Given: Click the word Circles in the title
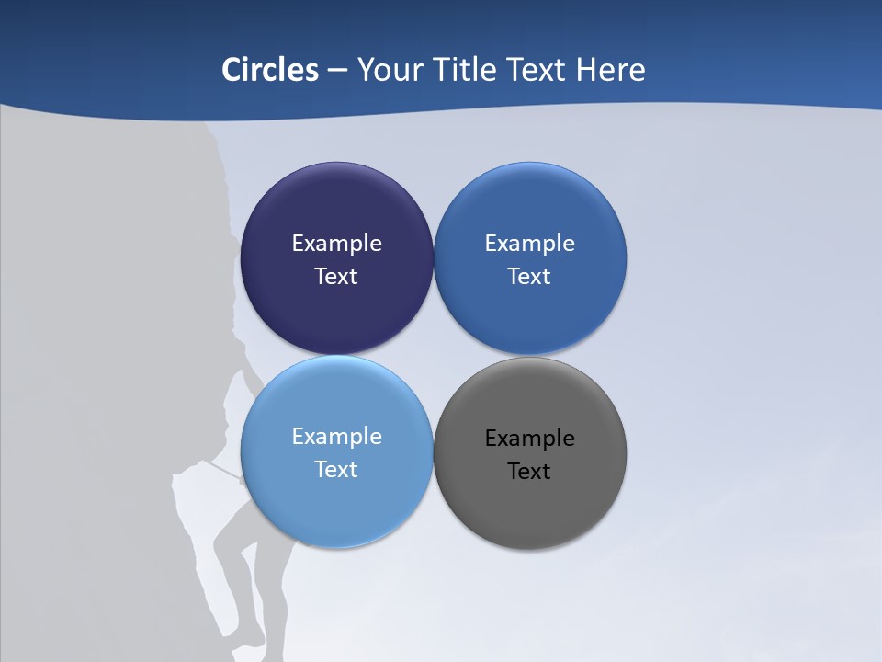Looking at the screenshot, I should pyautogui.click(x=269, y=70).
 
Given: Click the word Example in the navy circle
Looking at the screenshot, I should pyautogui.click(x=336, y=244).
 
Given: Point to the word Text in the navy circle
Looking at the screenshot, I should pyautogui.click(x=336, y=277).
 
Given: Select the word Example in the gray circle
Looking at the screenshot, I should pyautogui.click(x=530, y=439).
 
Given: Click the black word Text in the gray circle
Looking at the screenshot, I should pyautogui.click(x=529, y=472).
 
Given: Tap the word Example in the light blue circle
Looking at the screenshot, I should pyautogui.click(x=336, y=437).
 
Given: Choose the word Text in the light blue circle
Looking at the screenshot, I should pyautogui.click(x=336, y=470).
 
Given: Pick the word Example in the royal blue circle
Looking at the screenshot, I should pyautogui.click(x=530, y=244).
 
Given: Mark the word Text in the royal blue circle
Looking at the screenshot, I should pyautogui.click(x=529, y=277).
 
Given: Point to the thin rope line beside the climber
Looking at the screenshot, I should pyautogui.click(x=220, y=472).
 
